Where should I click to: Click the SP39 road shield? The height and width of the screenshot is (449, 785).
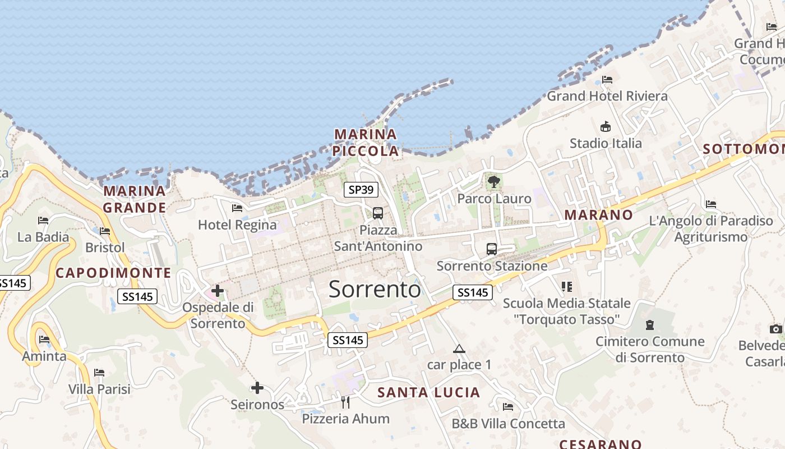click(361, 190)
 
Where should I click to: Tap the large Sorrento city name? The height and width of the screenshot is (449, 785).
click(375, 289)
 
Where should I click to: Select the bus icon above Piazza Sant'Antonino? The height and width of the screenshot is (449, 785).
click(378, 213)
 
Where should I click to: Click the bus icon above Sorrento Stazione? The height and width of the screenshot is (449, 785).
click(492, 249)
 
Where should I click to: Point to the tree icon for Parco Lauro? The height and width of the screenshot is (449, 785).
click(494, 181)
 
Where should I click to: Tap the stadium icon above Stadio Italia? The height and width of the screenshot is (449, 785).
click(606, 126)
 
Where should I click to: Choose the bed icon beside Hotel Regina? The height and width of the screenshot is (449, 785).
click(237, 208)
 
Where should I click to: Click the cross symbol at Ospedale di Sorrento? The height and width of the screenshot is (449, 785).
click(218, 291)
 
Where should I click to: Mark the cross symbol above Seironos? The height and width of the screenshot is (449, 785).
click(257, 387)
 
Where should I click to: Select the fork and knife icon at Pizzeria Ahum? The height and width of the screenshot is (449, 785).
click(345, 402)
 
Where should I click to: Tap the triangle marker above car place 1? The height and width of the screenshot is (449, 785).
click(459, 349)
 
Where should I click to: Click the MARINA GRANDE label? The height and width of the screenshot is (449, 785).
click(135, 199)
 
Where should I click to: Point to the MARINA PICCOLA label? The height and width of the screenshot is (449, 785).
click(366, 143)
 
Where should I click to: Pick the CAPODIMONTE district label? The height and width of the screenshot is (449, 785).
click(113, 273)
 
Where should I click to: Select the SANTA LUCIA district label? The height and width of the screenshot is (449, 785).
click(429, 392)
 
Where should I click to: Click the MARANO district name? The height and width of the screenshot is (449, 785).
click(598, 215)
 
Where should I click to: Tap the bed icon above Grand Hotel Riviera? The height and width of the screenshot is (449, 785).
click(607, 80)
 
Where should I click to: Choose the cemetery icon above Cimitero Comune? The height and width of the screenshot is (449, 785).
click(650, 324)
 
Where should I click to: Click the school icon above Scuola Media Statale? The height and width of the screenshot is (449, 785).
click(567, 287)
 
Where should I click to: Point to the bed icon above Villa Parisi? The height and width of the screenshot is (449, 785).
click(99, 373)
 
